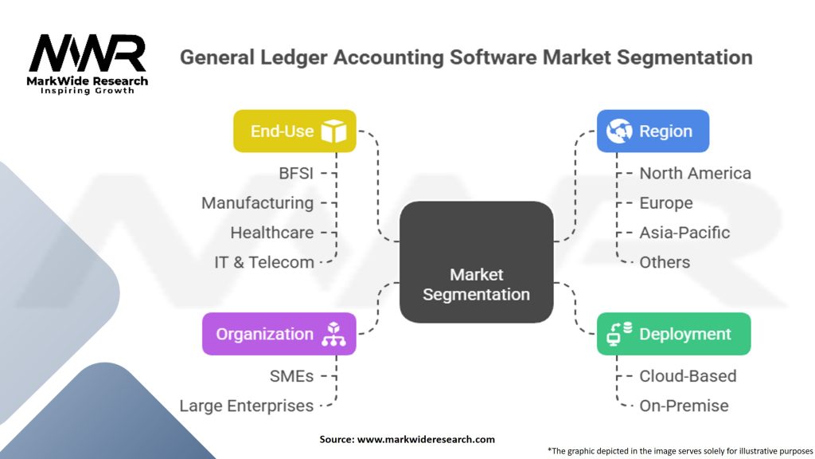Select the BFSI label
[296, 173]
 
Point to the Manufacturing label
[257, 202]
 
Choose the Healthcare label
[271, 233]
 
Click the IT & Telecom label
[264, 262]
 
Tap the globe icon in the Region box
[619, 131]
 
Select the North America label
[695, 173]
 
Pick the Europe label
[665, 202]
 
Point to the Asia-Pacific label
[684, 233]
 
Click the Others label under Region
[665, 262]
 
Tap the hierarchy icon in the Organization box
[333, 335]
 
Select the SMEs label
[291, 375]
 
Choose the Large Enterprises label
[247, 406]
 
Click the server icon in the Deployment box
[618, 335]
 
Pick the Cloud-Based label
[688, 375]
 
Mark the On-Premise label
[684, 406]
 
